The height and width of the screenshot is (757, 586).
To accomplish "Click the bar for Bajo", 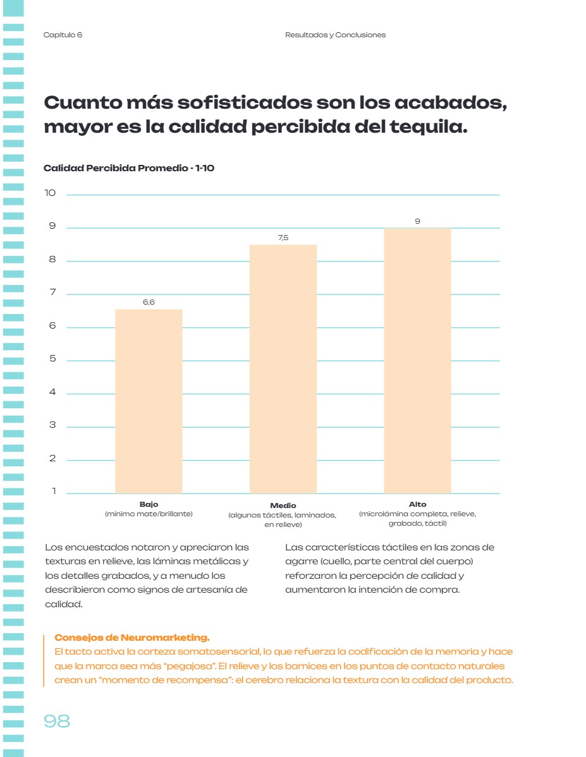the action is tap(149, 401).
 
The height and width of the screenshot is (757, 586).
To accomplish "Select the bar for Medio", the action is tap(283, 369).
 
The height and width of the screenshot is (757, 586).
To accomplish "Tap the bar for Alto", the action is tap(417, 361).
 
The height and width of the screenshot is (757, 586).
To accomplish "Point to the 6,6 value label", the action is tap(149, 302).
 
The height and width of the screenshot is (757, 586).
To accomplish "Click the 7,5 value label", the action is tap(283, 238).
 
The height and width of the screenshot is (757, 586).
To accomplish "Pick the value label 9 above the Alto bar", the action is tap(417, 221).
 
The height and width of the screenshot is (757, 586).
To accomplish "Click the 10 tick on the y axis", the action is tap(50, 193).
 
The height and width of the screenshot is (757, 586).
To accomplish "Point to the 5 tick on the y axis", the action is tap(52, 358).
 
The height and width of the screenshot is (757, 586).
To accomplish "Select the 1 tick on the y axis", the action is tap(54, 491).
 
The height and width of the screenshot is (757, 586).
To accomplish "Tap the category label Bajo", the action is tap(149, 504).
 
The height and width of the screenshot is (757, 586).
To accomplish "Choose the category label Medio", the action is tap(283, 506).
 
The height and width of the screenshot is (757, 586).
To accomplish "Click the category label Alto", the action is tap(417, 504).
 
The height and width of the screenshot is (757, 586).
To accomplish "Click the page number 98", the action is tap(57, 721).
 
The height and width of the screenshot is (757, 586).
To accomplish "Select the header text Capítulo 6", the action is tap(63, 35).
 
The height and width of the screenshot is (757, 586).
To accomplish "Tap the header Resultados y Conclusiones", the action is tap(335, 35).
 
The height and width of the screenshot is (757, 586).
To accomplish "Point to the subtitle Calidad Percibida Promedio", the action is tap(116, 168).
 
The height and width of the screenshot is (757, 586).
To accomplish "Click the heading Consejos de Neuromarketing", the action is tap(132, 638).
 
